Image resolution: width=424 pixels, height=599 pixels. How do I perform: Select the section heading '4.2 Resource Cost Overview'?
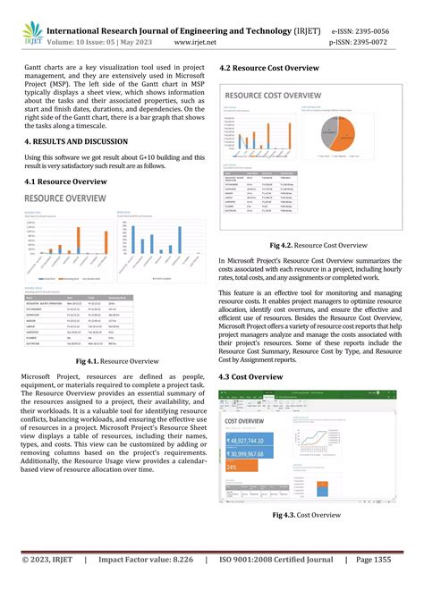268,69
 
